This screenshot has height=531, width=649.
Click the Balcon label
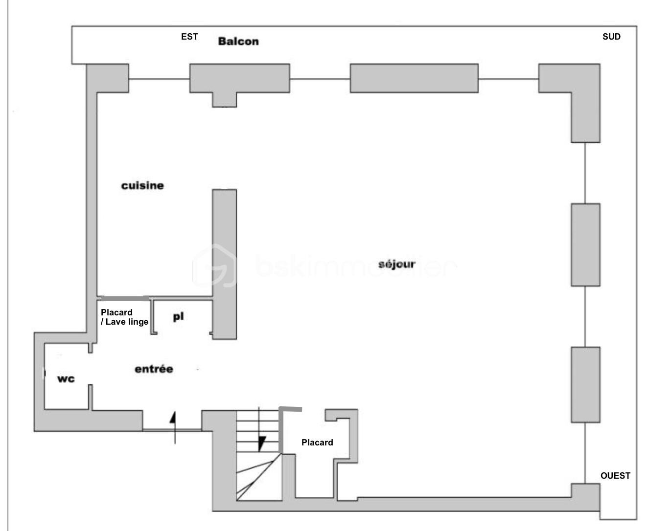point(238,41)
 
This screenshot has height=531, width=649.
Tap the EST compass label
point(189,37)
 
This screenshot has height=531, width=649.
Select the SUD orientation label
point(611,37)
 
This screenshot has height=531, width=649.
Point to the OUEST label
point(615,476)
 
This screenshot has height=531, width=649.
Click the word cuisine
point(142,186)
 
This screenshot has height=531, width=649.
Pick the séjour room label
point(397,264)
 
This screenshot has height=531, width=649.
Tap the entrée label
point(154,369)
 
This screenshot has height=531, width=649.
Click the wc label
point(66,379)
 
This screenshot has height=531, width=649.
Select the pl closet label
point(178,317)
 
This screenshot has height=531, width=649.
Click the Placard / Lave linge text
point(124,317)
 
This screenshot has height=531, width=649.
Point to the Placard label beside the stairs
point(317,442)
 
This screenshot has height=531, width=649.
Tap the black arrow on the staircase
point(261,443)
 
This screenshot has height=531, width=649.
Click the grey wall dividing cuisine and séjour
point(224,264)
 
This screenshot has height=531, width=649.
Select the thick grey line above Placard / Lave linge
point(124,298)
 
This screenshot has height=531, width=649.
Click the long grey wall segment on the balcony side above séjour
point(414,78)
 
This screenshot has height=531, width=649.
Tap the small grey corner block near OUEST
point(585,496)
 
